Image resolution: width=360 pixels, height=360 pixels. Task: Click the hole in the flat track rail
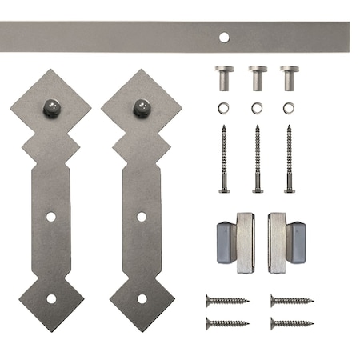click(x=224, y=36)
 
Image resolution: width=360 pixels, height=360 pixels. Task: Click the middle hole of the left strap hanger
click(x=51, y=217)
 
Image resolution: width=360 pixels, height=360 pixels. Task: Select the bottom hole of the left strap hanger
click(x=51, y=298)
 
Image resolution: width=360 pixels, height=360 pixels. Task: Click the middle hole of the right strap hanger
click(x=142, y=217)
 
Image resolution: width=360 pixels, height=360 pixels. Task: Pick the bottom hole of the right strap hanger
click(x=142, y=298)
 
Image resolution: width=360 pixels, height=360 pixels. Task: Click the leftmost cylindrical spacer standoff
click(x=224, y=78)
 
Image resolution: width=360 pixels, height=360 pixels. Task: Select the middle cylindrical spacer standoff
click(x=257, y=78)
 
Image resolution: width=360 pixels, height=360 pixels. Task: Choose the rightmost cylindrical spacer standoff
click(x=289, y=78)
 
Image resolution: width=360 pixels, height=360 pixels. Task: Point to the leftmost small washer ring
click(x=224, y=108)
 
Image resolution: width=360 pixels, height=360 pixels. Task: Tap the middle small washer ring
click(x=257, y=108)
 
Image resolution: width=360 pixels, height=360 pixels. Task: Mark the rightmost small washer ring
click(x=289, y=108)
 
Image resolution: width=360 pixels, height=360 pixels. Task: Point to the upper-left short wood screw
click(x=227, y=300)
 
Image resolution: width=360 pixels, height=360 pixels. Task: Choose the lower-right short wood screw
click(x=291, y=323)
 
